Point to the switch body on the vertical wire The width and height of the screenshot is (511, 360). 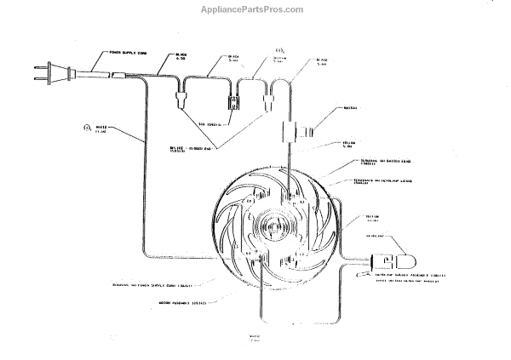click(x=294, y=131)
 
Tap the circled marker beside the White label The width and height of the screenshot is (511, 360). click(x=85, y=129)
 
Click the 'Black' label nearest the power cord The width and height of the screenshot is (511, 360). click(x=181, y=56)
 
